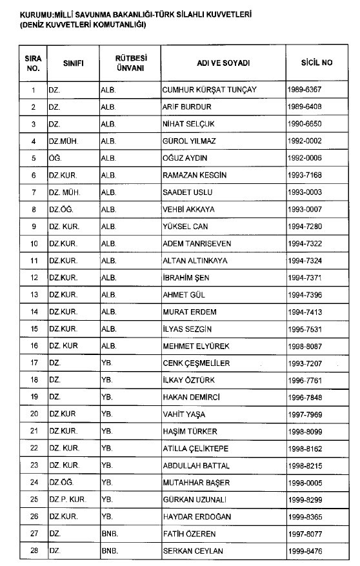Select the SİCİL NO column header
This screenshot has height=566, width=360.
coord(316,63)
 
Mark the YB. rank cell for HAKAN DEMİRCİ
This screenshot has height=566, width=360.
coord(107,397)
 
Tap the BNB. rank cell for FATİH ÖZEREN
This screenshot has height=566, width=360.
coord(108,534)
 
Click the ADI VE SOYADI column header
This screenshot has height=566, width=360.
coord(223,63)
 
